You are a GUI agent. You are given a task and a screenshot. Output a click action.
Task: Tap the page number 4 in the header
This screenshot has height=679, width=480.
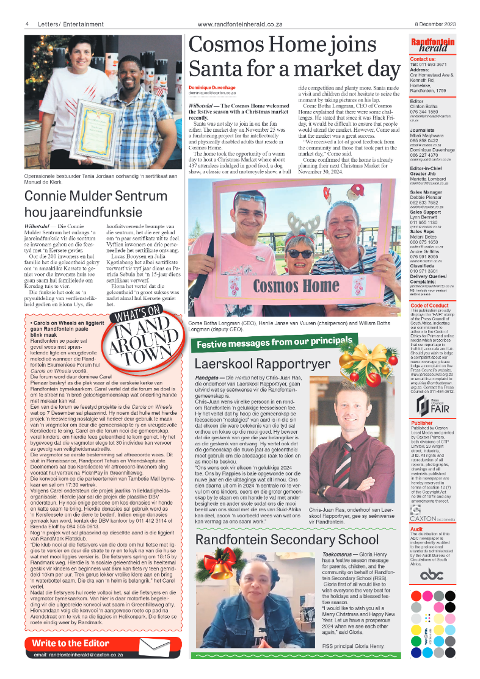click(27, 24)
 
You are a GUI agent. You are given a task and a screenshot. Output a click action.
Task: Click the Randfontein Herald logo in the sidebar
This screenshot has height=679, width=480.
click(432, 46)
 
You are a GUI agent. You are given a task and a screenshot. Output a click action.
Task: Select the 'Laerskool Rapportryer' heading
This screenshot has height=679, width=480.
click(253, 364)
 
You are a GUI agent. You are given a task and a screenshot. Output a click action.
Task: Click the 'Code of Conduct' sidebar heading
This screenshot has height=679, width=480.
click(430, 306)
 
